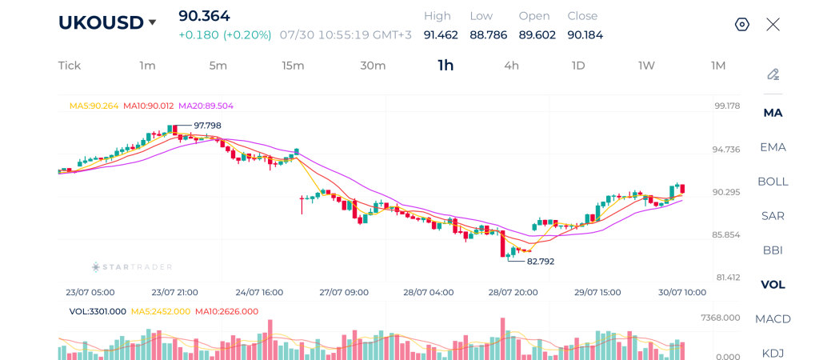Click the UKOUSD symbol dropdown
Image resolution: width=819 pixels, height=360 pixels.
(x=107, y=22)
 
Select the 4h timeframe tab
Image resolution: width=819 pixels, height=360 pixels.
(x=511, y=66)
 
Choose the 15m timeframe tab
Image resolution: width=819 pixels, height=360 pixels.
(x=293, y=66)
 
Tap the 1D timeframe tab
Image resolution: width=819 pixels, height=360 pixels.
(x=578, y=66)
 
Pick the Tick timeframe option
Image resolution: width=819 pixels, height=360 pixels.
(x=70, y=66)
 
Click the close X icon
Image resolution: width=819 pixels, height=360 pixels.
(x=773, y=24)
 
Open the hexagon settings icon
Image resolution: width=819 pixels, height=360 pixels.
(x=742, y=24)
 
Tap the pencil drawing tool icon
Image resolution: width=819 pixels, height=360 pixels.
(x=773, y=74)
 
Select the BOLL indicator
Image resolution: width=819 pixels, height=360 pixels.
(x=773, y=182)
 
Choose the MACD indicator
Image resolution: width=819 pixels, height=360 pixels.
(x=773, y=318)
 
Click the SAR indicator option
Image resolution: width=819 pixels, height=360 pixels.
(x=773, y=216)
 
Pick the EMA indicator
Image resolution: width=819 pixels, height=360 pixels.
(x=773, y=147)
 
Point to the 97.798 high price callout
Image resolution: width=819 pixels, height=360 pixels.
(x=207, y=126)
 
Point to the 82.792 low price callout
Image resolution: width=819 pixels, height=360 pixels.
(x=541, y=262)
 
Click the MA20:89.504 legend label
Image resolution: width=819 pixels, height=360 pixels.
(x=206, y=106)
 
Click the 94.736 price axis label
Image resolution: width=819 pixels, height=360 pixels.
(x=726, y=150)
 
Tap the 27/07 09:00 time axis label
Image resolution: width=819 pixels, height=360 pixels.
(x=344, y=292)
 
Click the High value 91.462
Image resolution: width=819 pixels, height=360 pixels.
(x=441, y=35)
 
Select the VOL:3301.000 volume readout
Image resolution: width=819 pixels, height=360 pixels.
(x=98, y=311)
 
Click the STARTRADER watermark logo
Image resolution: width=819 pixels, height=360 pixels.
(x=132, y=267)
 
